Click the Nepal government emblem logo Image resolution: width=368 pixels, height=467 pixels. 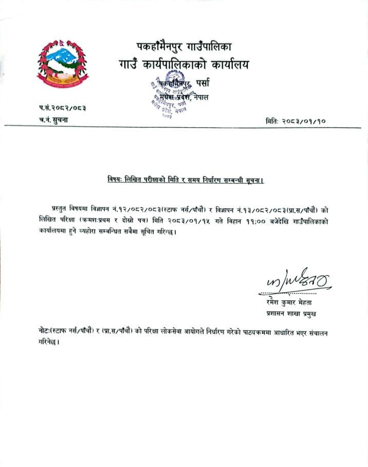[x=62, y=65]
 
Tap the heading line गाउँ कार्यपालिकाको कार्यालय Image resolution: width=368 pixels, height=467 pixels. [x=183, y=65]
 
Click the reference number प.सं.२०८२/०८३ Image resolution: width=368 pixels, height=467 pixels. [x=62, y=108]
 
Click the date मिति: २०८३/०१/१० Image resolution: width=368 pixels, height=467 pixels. [x=296, y=121]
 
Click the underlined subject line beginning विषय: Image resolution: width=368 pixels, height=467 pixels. [x=186, y=180]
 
